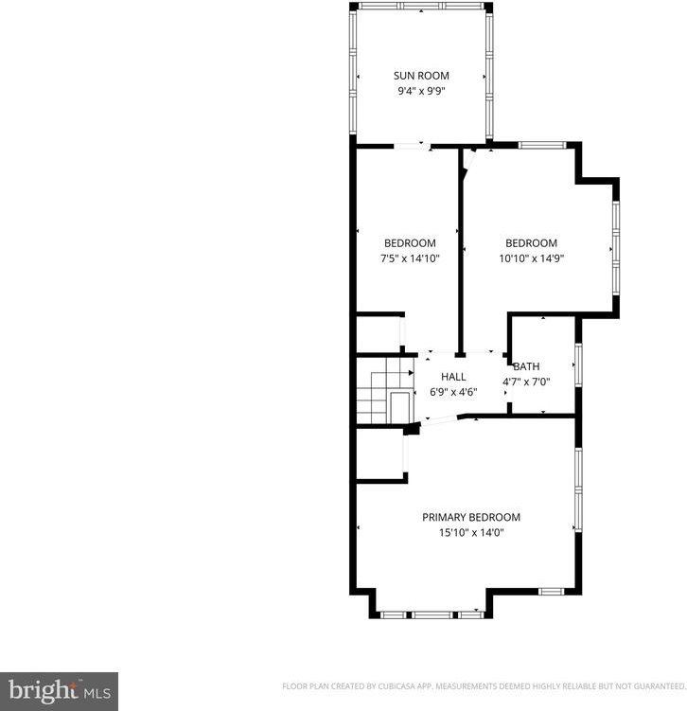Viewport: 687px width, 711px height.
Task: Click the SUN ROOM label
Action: (421, 76)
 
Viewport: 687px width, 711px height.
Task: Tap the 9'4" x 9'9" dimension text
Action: (421, 92)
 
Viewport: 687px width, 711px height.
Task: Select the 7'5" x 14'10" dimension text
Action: (410, 258)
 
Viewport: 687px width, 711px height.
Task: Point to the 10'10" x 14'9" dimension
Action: (531, 258)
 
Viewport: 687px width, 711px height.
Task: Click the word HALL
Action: (453, 377)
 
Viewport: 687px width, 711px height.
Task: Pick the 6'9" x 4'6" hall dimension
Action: (453, 392)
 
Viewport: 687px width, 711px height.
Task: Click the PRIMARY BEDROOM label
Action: (471, 517)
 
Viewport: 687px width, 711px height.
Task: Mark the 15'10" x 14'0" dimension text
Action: (471, 532)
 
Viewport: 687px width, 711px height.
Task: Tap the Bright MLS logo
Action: (59, 690)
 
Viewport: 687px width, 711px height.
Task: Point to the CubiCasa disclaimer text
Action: (484, 685)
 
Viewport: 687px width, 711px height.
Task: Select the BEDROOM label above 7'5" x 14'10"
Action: (410, 243)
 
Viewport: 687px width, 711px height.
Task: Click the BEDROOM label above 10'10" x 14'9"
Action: (531, 243)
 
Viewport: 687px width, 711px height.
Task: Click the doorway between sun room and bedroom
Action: (411, 146)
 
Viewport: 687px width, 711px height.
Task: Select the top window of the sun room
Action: (423, 7)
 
